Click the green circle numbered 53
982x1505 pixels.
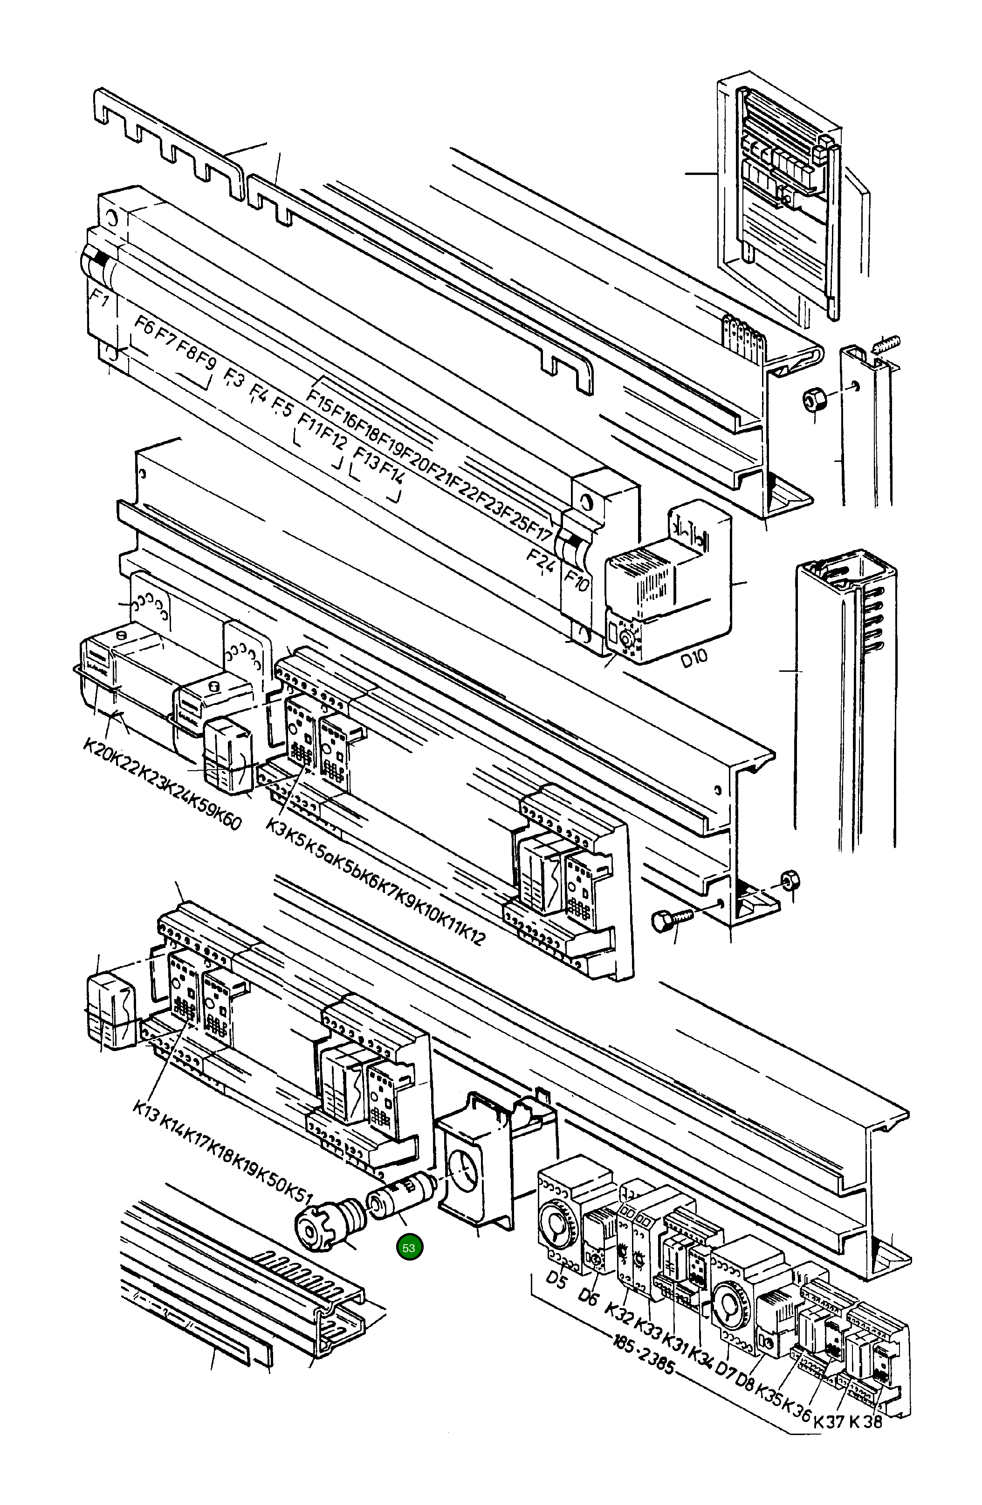(x=409, y=1247)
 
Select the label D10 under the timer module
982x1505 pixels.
(x=694, y=660)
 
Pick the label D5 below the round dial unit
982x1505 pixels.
(x=558, y=1279)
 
